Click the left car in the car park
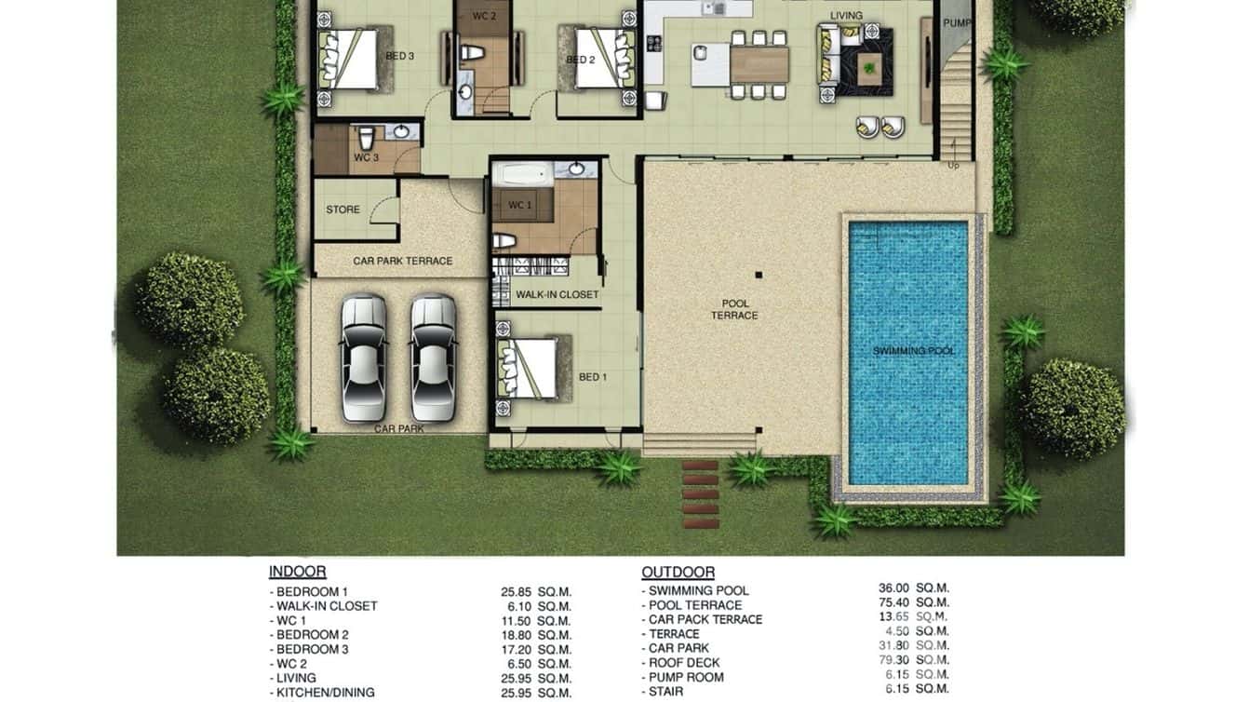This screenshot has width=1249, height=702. click(363, 358)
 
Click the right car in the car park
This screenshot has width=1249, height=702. click(434, 358)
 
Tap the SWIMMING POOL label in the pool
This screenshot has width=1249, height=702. click(913, 351)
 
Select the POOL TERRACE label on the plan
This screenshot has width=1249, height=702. click(734, 310)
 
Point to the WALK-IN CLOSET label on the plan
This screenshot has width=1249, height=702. click(557, 295)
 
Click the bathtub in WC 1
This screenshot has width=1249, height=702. click(524, 174)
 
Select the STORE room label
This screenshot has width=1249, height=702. click(342, 209)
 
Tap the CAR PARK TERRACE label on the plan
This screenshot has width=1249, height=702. click(402, 262)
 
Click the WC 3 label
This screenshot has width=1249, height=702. click(366, 158)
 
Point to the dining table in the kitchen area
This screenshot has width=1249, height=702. click(759, 64)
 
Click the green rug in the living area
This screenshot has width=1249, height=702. click(871, 65)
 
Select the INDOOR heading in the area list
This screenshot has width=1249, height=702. click(297, 573)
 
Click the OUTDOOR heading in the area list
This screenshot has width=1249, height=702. click(678, 573)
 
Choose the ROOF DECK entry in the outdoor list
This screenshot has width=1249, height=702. click(684, 663)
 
